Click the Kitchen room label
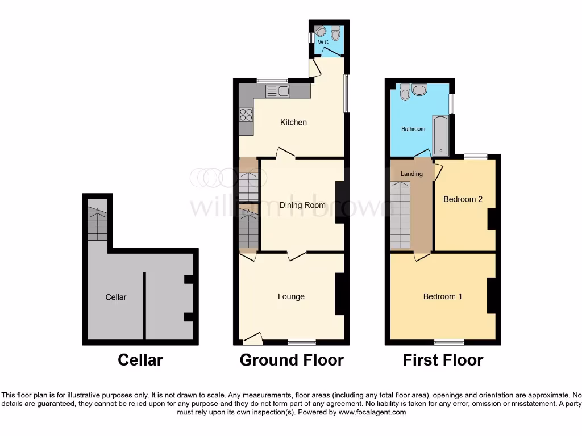pyautogui.click(x=294, y=123)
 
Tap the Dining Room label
pyautogui.click(x=302, y=205)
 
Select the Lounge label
pyautogui.click(x=291, y=296)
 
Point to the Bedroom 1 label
pyautogui.click(x=443, y=296)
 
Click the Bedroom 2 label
pyautogui.click(x=463, y=199)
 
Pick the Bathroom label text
pyautogui.click(x=413, y=129)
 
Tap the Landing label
pyautogui.click(x=411, y=174)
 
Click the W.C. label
pyautogui.click(x=323, y=43)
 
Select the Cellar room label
pyautogui.click(x=116, y=297)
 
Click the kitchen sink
pyautogui.click(x=278, y=91)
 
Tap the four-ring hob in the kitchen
pyautogui.click(x=246, y=115)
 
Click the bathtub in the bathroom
pyautogui.click(x=441, y=135)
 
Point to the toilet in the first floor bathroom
pyautogui.click(x=405, y=92)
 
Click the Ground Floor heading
pyautogui.click(x=292, y=360)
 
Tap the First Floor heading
pyautogui.click(x=443, y=360)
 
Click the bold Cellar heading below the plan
pyautogui.click(x=140, y=360)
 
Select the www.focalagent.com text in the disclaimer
pyautogui.click(x=372, y=412)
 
